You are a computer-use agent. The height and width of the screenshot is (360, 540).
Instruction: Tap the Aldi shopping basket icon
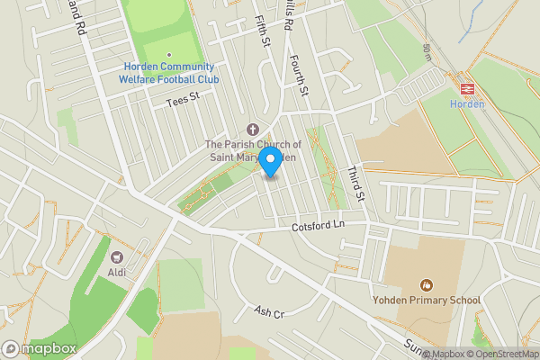point(117,257)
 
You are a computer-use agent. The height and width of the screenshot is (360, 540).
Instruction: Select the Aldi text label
point(117,273)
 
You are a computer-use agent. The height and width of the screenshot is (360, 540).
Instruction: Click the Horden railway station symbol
point(466,88)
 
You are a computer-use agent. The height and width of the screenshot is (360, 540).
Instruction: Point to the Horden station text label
point(466,103)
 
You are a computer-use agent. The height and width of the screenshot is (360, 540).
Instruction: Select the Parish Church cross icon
point(251,129)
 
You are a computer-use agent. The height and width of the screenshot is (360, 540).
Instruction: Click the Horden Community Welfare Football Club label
point(170,73)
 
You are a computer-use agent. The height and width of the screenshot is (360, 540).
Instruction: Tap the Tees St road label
point(181,103)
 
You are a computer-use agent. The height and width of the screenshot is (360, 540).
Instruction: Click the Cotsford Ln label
point(319,229)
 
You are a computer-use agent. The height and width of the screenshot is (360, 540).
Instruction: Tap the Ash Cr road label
point(268,311)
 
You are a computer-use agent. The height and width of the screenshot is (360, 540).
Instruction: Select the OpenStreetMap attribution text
point(500,354)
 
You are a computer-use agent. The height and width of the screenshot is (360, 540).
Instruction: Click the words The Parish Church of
point(251,144)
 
